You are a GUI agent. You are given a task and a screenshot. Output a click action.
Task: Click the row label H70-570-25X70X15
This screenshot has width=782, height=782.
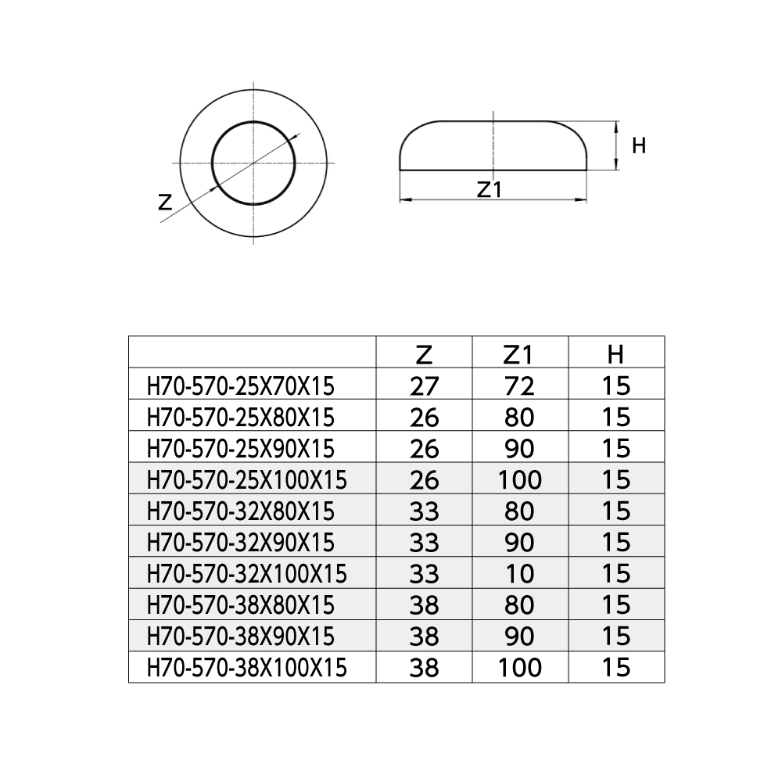click(x=240, y=386)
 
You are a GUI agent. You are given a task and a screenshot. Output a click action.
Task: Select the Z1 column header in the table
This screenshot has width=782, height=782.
click(x=518, y=354)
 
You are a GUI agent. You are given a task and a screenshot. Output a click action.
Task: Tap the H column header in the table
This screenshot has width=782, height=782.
click(x=615, y=354)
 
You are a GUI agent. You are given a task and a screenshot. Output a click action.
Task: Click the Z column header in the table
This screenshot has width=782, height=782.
click(x=423, y=354)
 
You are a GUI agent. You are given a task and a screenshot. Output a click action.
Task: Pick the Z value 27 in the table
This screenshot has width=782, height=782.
click(x=424, y=386)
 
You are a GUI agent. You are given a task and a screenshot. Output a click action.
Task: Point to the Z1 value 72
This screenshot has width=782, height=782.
click(x=519, y=386)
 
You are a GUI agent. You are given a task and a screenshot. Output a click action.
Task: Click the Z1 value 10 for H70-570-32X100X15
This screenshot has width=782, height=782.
click(x=520, y=574)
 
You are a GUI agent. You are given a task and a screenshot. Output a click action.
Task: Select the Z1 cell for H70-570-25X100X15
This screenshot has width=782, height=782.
click(x=520, y=480)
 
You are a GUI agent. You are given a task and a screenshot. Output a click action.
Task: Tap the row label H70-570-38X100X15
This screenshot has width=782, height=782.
click(x=246, y=668)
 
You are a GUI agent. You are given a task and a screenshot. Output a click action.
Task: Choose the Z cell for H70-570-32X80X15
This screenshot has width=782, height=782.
click(x=424, y=511)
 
